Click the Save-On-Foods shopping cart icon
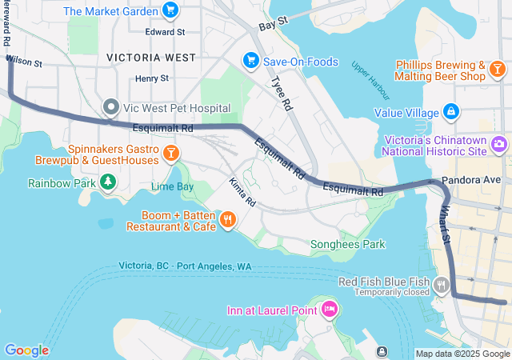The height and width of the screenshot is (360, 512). [250, 62]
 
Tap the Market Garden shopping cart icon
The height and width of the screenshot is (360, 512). [170, 10]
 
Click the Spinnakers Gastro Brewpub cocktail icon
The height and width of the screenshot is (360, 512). [171, 153]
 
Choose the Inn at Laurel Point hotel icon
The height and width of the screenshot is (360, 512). [329, 310]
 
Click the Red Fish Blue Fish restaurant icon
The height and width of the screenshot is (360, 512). [441, 284]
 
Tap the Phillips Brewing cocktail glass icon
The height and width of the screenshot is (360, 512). [497, 70]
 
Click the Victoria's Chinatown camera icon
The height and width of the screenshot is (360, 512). [499, 144]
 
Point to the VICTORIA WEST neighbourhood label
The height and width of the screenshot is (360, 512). [150, 58]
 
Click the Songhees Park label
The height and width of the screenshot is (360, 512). [348, 244]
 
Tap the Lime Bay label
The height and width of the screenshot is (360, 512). [172, 186]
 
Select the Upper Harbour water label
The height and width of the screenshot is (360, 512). [369, 74]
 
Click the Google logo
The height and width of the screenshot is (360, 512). [26, 350]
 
